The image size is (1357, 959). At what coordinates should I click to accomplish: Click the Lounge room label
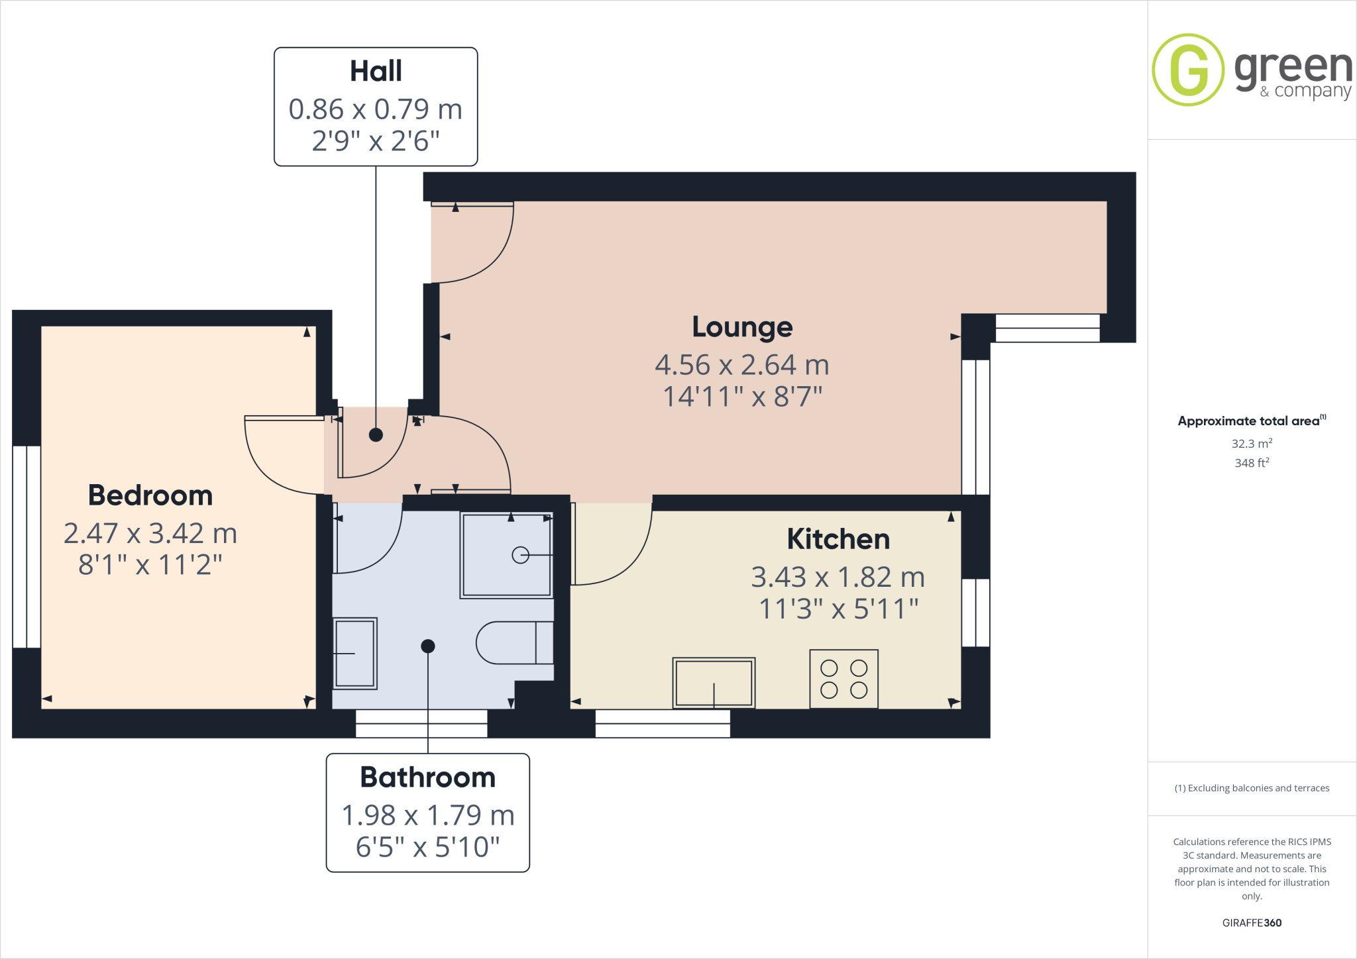742,327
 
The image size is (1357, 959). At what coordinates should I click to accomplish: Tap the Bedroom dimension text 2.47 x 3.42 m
150,533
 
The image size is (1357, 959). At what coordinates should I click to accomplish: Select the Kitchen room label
838,539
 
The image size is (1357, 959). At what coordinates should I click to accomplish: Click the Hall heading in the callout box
376,72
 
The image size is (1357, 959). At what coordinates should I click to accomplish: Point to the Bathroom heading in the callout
428,778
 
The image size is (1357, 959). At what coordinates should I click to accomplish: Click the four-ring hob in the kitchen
843,679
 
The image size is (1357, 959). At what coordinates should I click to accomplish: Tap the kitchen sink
714,683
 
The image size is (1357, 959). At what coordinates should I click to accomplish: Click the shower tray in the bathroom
507,556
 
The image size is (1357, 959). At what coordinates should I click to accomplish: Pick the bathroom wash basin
355,653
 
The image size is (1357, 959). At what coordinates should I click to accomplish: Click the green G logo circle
1188,70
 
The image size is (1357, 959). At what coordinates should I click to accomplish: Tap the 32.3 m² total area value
1252,444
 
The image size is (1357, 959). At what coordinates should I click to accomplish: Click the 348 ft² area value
1252,463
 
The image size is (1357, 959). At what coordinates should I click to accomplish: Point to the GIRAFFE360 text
1252,923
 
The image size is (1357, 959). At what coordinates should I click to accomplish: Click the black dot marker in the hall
376,435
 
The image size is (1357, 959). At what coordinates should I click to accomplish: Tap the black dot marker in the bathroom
428,646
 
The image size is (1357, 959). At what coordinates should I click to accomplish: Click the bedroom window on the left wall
27,546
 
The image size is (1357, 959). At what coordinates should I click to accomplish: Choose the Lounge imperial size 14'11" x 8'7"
742,397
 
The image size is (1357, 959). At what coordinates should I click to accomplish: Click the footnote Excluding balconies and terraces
1252,788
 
